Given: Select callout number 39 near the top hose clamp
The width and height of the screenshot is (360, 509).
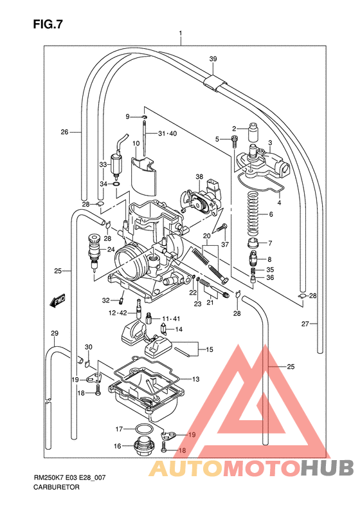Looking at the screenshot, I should (213, 59).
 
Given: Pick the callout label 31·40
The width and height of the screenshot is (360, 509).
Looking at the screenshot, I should (166, 134).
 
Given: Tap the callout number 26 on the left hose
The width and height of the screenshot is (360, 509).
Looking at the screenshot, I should (64, 132).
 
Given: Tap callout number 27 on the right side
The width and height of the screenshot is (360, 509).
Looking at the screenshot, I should (305, 324).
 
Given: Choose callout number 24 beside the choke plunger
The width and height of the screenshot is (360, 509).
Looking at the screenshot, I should (111, 250).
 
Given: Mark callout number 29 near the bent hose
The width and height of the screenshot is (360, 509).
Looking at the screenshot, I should (55, 333).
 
